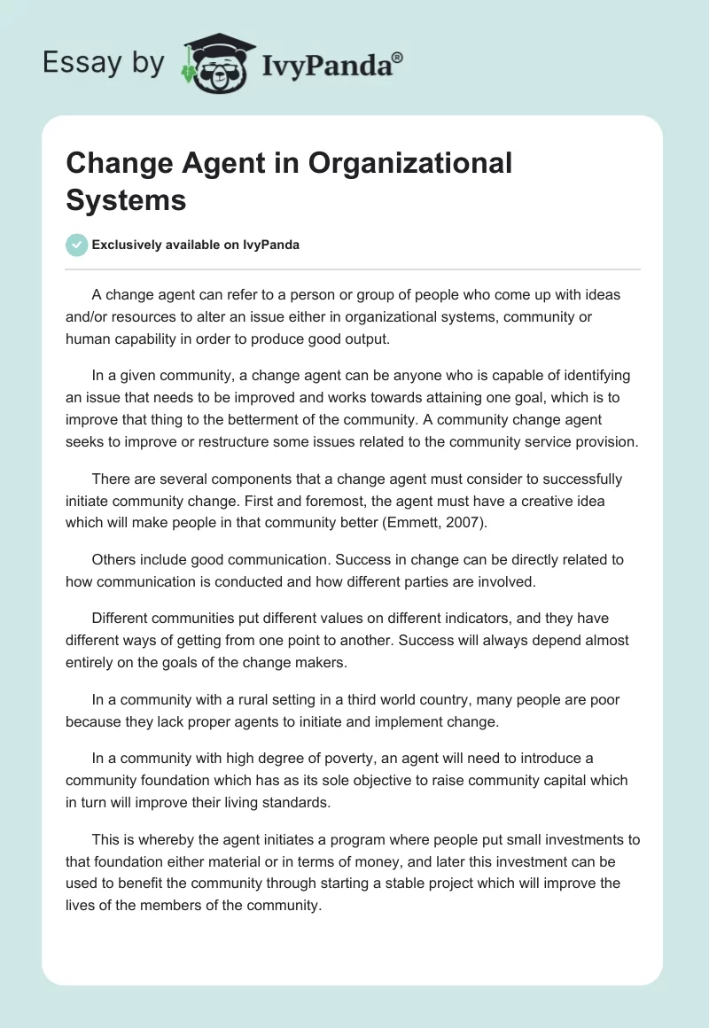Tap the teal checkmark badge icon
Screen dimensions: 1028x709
click(76, 245)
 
